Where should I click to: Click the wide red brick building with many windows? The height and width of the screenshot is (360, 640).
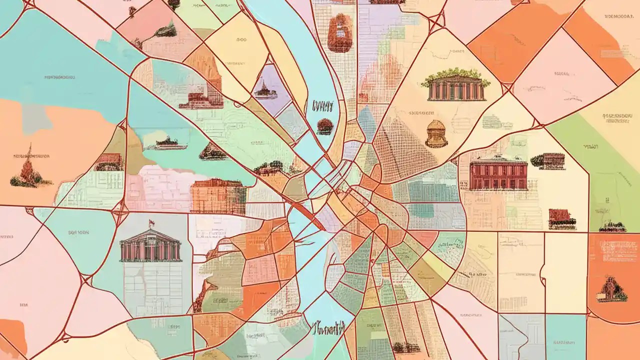[498, 173]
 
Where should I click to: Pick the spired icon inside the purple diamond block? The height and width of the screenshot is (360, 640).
[265, 90]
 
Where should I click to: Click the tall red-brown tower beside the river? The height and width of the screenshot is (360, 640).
[340, 32]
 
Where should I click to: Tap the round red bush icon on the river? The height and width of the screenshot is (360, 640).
[324, 126]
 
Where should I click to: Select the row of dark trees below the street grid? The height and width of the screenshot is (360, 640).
[405, 347]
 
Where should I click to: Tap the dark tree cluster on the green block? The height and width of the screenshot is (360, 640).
[612, 227]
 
